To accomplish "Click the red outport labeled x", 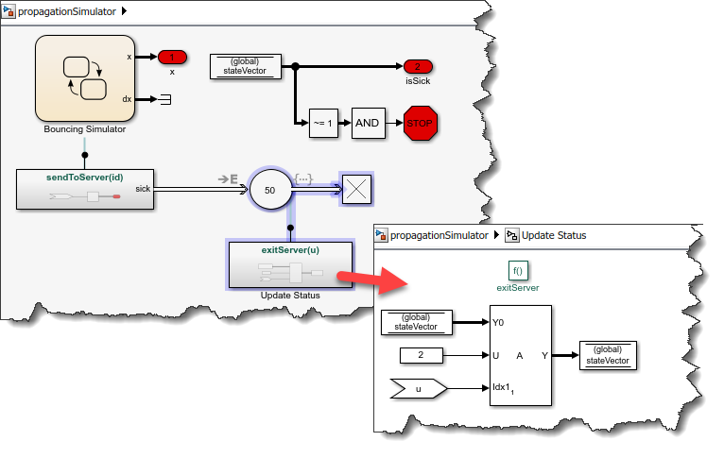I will tap(172, 57).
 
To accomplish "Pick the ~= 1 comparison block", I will tap(323, 122).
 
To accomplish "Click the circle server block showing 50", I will tap(270, 190).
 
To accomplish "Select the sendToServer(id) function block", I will tap(85, 188).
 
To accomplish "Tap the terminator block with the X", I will tap(357, 190).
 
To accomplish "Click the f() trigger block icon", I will tap(517, 270).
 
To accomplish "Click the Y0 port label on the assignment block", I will tap(498, 322).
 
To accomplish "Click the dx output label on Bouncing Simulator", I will tap(128, 99).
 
